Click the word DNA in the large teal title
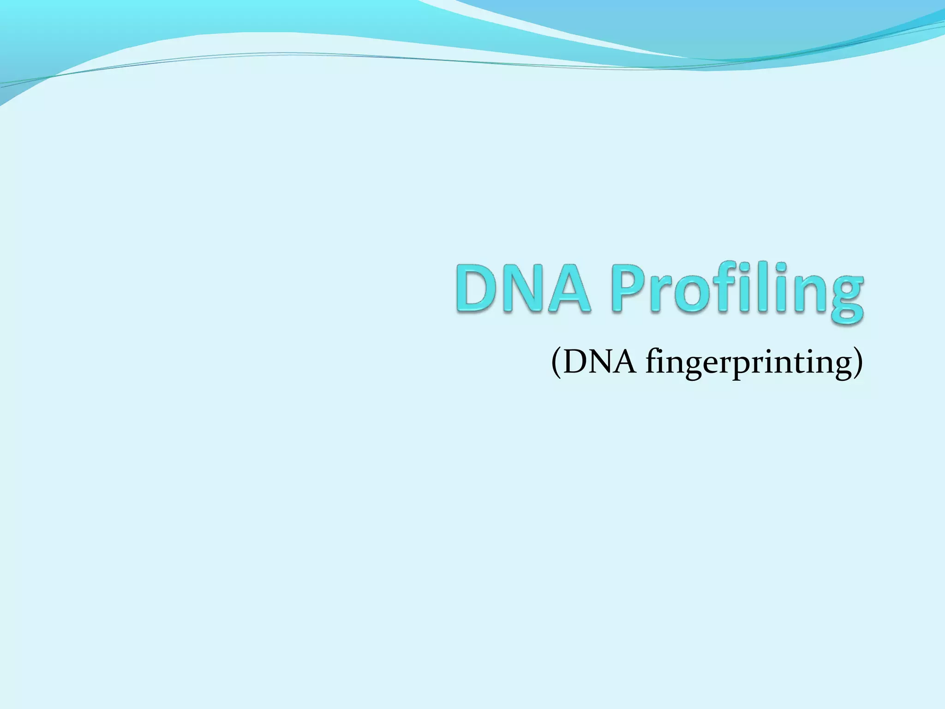point(524,288)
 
